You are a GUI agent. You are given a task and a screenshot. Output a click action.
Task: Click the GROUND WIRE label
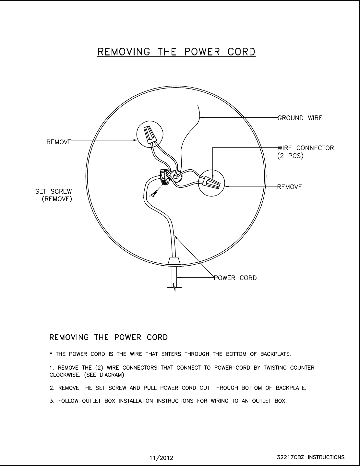point(300,118)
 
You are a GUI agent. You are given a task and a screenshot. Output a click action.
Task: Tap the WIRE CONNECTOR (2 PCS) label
point(305,152)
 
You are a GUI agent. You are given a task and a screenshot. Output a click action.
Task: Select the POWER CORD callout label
point(235,278)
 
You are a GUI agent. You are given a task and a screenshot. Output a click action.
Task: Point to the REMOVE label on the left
point(59,142)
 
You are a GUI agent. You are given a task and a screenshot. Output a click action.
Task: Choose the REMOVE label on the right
point(290,187)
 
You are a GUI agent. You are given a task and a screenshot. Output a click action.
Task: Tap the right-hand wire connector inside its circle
point(211,183)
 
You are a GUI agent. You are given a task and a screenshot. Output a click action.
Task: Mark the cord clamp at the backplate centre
point(165,177)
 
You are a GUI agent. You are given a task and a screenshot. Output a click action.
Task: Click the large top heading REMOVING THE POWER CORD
point(176,52)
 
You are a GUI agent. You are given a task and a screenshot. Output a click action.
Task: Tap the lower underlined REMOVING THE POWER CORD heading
point(108,337)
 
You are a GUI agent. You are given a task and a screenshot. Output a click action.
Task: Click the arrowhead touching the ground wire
point(202,118)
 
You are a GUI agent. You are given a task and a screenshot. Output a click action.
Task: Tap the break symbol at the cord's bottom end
point(174,287)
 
